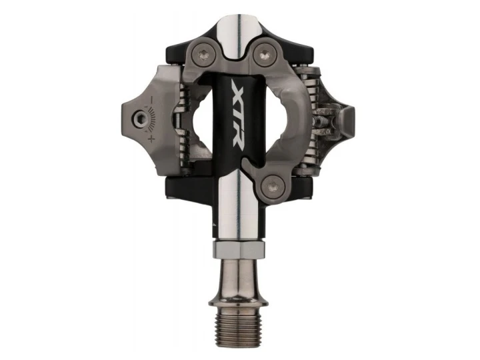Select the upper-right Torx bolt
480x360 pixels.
[264, 55]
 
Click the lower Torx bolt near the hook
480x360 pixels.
[273, 187]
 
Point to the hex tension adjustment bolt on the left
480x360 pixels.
[140, 117]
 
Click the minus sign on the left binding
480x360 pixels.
[152, 99]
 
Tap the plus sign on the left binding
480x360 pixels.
[151, 139]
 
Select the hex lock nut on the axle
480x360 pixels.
[238, 249]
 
